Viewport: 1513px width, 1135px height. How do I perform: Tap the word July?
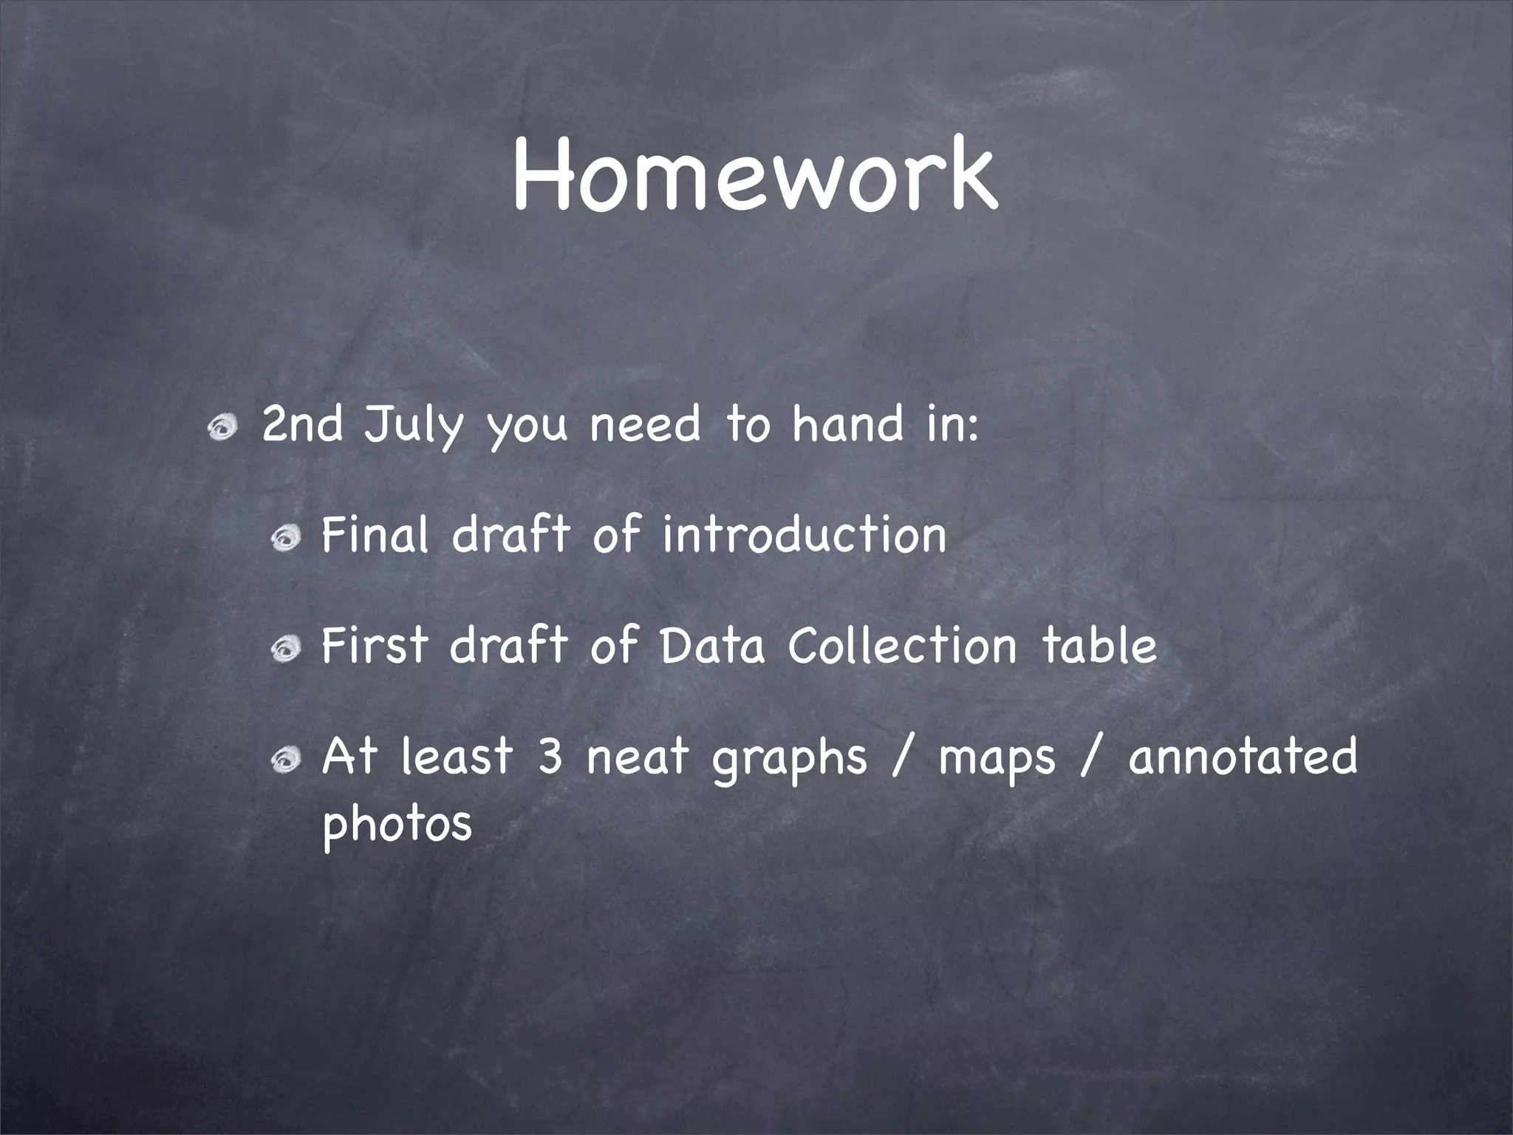pyautogui.click(x=414, y=427)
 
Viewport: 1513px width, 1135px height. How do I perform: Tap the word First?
pyautogui.click(x=375, y=644)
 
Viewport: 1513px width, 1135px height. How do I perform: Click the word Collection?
pyautogui.click(x=903, y=644)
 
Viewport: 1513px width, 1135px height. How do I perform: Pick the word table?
pyautogui.click(x=1099, y=644)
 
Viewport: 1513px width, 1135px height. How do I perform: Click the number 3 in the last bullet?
pyautogui.click(x=550, y=755)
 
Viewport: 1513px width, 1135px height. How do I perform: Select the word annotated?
pyautogui.click(x=1243, y=755)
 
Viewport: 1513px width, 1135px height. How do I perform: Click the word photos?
pyautogui.click(x=397, y=823)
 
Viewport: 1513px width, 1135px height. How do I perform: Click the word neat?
pyautogui.click(x=637, y=755)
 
